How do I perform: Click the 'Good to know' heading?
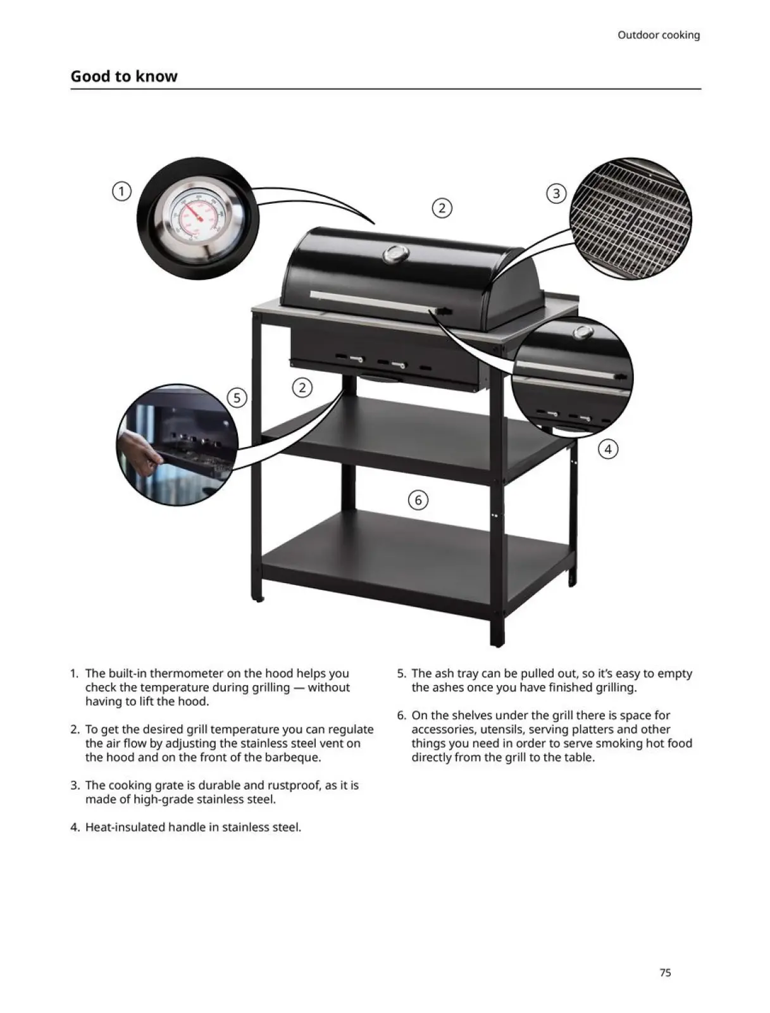[x=124, y=77]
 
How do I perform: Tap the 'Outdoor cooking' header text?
[x=658, y=35]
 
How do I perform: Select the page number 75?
[x=665, y=972]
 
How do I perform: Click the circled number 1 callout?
[x=121, y=191]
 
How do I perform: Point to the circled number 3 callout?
[x=556, y=194]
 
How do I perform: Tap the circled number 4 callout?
[x=608, y=450]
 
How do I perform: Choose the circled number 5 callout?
[x=237, y=398]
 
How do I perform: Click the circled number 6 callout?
[x=418, y=500]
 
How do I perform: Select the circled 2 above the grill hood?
[x=442, y=208]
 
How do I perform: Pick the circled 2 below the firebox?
[x=302, y=387]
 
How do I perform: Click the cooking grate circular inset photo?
[x=630, y=218]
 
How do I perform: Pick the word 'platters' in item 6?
[x=592, y=729]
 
